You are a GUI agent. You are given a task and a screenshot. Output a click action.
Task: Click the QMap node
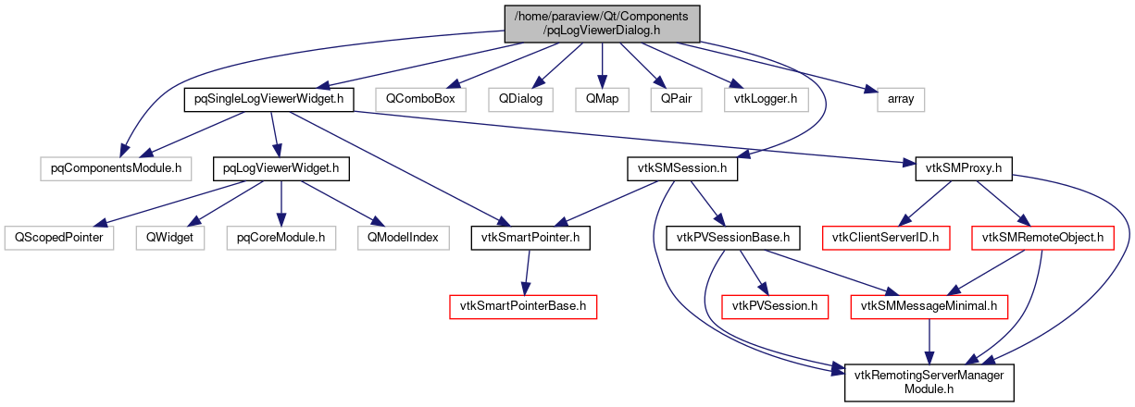[602, 98]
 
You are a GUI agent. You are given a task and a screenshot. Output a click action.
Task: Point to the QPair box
[676, 98]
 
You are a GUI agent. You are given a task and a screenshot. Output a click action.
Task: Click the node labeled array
[901, 98]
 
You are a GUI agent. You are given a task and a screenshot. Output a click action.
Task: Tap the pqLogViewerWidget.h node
[281, 168]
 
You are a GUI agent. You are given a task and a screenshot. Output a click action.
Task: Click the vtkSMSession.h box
[682, 168]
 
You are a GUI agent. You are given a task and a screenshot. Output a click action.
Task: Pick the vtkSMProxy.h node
[964, 168]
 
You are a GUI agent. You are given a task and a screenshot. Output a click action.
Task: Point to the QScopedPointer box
[58, 238]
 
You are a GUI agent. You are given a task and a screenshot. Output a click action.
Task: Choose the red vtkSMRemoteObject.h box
[1041, 238]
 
